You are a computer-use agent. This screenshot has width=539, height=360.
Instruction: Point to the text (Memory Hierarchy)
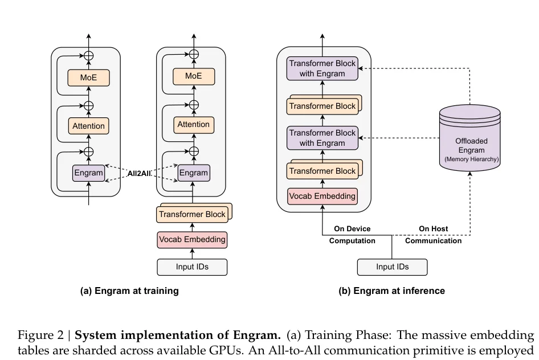471,159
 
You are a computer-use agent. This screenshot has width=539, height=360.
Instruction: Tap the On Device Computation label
352,235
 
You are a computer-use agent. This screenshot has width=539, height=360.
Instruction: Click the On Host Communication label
433,235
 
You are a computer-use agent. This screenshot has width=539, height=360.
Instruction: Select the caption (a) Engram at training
129,291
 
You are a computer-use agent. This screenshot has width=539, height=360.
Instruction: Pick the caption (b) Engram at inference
391,291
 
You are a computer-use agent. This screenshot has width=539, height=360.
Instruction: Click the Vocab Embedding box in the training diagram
192,240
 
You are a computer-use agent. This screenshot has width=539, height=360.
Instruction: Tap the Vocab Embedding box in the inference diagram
322,197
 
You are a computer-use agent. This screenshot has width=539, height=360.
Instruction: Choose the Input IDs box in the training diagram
192,267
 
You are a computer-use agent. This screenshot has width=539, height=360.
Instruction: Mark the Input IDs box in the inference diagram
392,267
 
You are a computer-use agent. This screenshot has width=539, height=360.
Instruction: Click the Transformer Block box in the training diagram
192,215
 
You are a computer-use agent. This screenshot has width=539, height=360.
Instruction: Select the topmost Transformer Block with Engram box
322,68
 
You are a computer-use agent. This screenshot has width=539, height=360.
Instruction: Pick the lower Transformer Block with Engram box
322,138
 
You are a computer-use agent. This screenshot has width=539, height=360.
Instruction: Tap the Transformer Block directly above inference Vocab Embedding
322,171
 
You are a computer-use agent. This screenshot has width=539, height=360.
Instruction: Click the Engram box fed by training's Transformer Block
194,173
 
